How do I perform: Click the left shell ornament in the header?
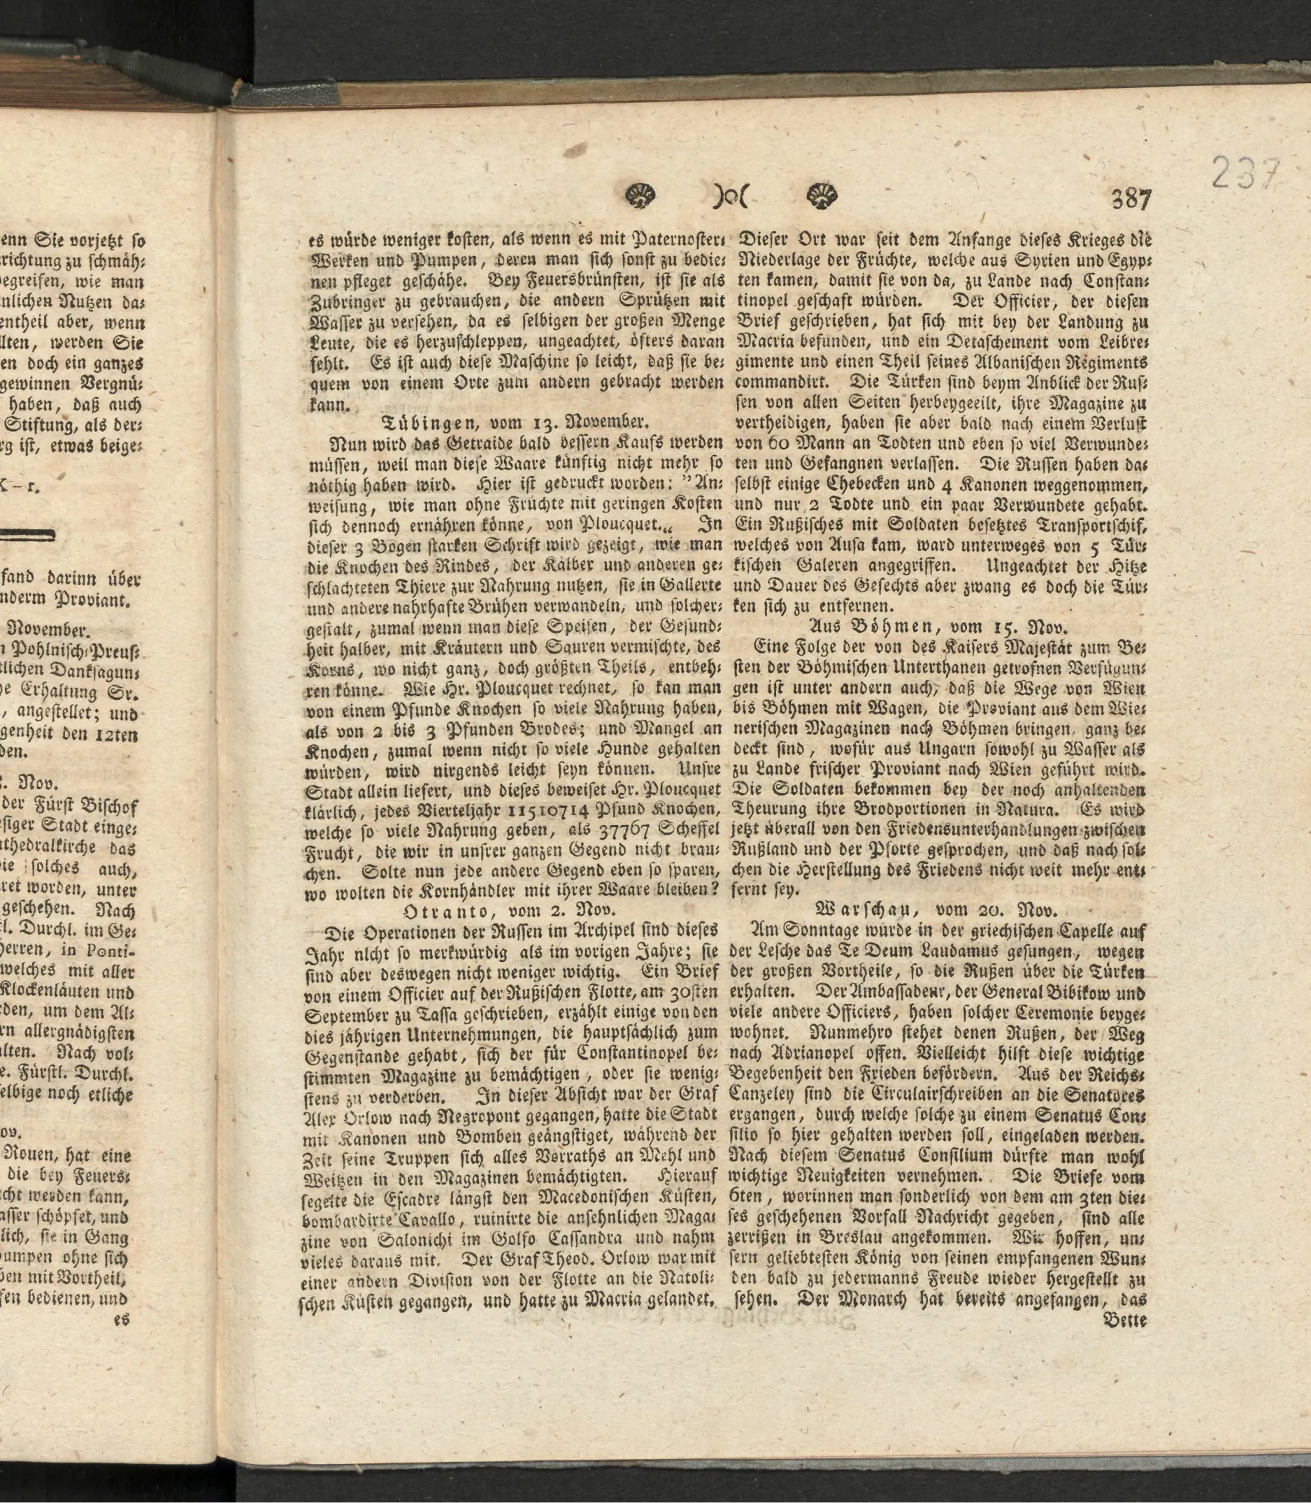(642, 195)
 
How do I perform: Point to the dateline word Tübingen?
(429, 423)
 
